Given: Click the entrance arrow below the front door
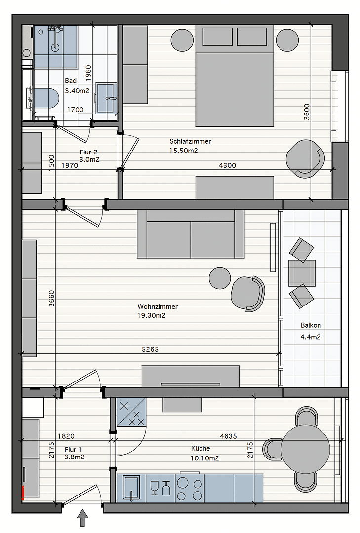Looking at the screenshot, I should (83, 519).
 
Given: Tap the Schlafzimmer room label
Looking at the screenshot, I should (190, 141).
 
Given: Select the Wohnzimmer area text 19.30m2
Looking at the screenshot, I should (152, 315).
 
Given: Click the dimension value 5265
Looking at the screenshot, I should (150, 349).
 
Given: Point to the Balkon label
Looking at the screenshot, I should (311, 325).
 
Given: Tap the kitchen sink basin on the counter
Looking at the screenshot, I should (132, 488).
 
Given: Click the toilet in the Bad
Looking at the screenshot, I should (43, 98).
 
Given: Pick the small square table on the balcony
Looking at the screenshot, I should (302, 273).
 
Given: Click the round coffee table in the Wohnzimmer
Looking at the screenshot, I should (220, 278).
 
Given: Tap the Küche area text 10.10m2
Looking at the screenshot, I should (205, 458).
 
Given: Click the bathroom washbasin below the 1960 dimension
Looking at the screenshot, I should (106, 98).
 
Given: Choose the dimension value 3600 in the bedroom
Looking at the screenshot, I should (306, 112).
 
